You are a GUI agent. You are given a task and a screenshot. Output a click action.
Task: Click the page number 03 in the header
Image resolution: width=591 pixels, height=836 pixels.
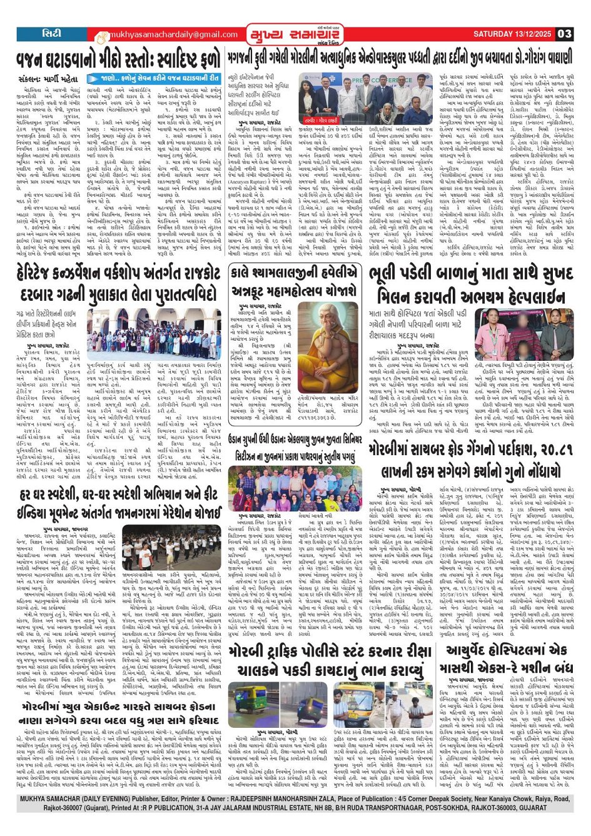pyautogui.click(x=564, y=34)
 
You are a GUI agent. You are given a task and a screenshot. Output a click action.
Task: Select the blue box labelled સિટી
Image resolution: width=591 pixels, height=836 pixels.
pyautogui.click(x=48, y=34)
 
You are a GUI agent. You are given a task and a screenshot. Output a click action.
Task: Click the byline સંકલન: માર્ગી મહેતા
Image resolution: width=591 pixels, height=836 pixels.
pyautogui.click(x=48, y=79)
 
